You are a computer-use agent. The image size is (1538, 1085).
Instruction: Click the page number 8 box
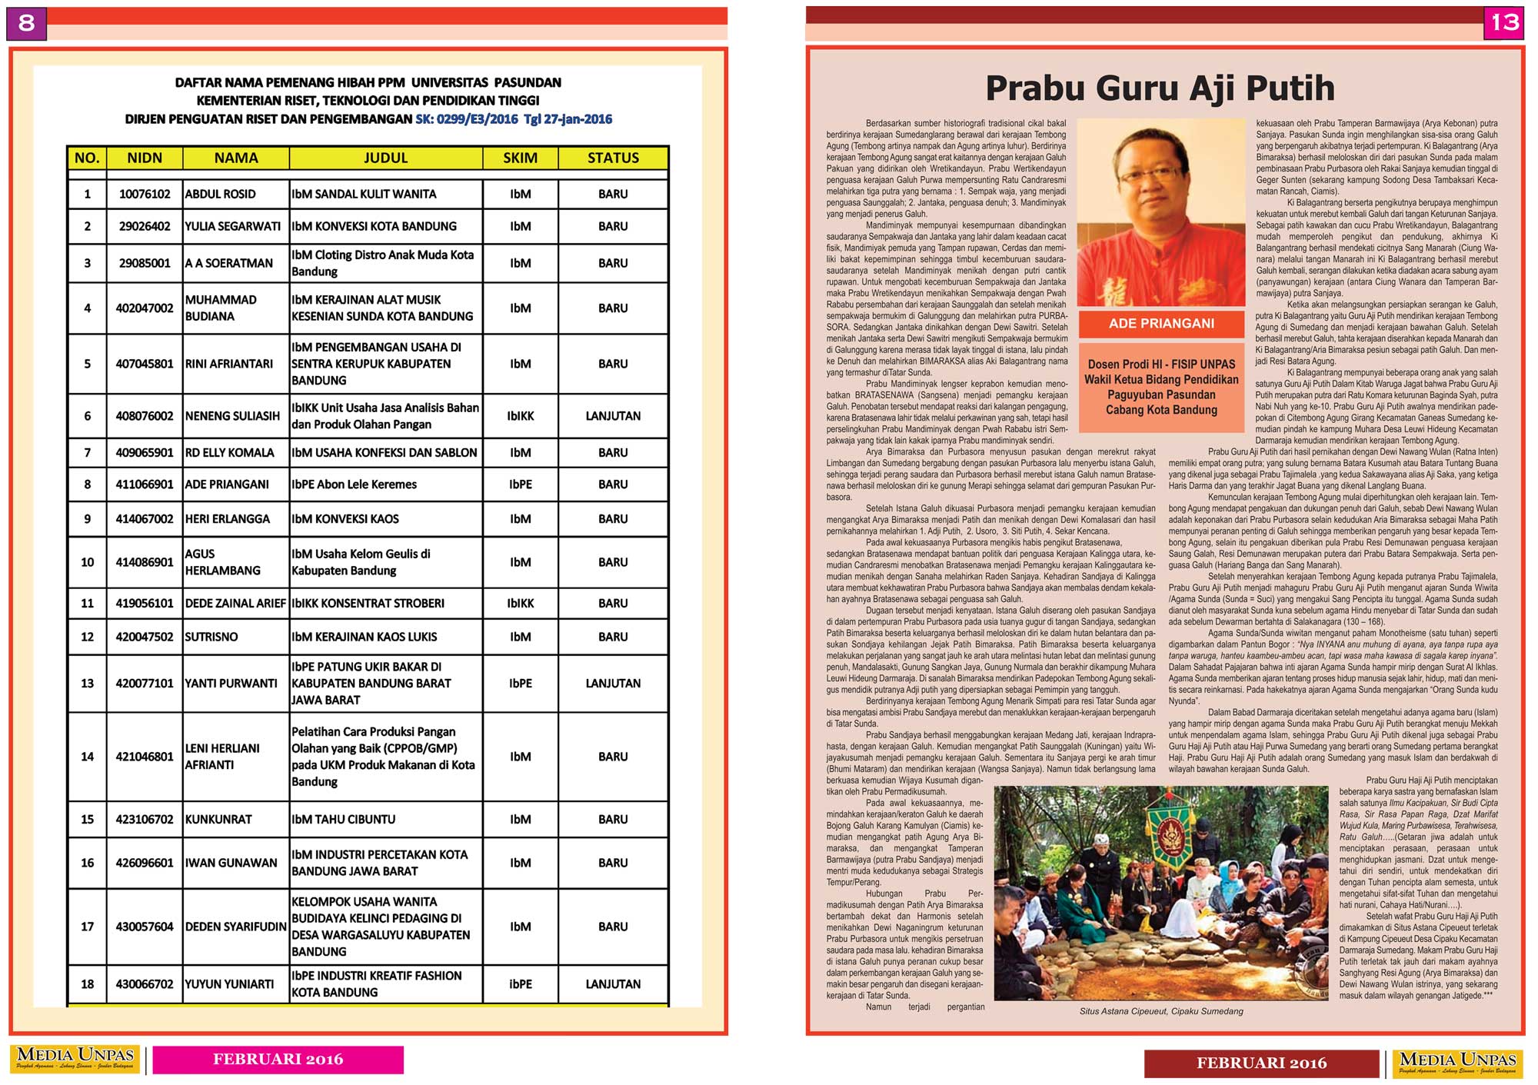26,23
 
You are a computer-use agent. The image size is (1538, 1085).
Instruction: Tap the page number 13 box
1504,23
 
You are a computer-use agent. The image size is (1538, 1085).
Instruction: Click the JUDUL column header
385,158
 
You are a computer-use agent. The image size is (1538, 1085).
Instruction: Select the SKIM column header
520,158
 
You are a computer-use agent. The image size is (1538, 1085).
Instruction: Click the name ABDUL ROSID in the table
221,195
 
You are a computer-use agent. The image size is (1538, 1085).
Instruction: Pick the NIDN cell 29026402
145,226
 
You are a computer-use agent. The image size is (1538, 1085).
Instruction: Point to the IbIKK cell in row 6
520,416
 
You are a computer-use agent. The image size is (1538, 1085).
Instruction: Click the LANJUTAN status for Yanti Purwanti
613,683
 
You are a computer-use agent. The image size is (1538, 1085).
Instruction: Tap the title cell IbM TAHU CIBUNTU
344,820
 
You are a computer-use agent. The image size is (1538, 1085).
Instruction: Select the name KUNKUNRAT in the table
219,820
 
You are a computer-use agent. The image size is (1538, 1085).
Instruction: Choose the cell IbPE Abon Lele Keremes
355,484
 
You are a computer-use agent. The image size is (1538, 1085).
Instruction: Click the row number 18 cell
88,984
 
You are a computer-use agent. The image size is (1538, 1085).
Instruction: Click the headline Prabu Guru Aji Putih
1160,88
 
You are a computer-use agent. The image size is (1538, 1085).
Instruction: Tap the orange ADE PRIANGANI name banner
1161,324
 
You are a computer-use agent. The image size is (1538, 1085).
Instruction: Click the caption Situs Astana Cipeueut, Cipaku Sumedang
1161,1011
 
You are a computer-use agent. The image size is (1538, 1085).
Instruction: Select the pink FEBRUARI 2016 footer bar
278,1060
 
